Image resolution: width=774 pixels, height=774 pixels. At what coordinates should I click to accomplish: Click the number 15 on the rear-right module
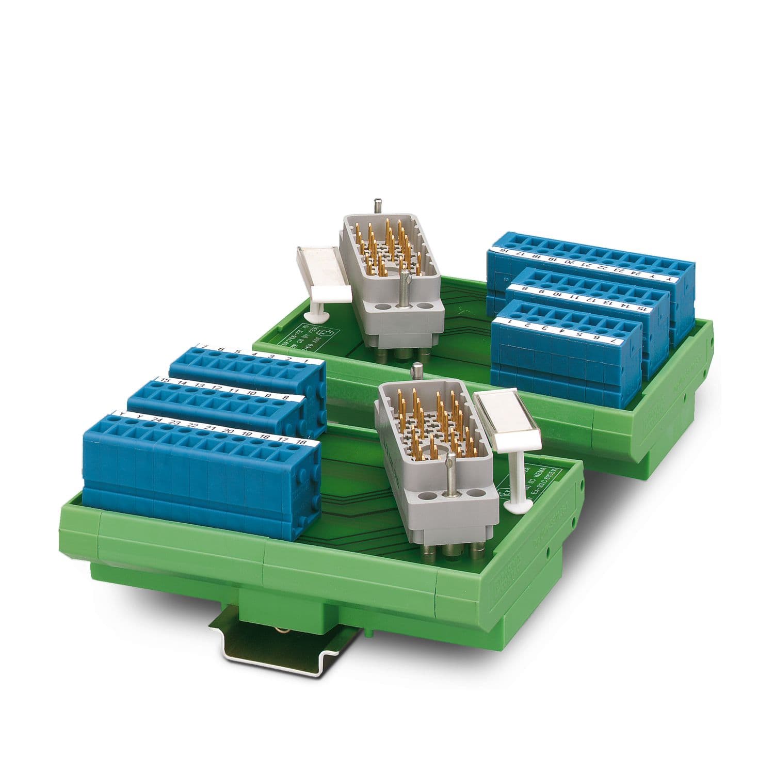coord(642,308)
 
